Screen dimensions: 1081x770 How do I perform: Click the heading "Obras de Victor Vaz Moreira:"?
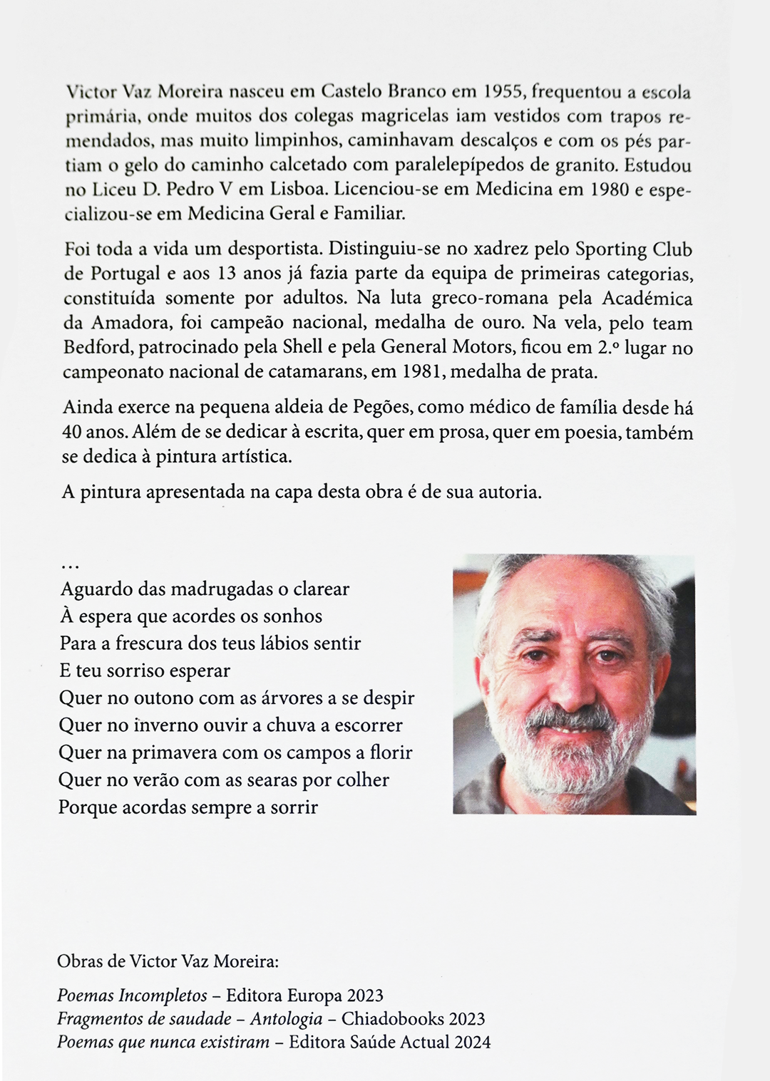click(x=168, y=961)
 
